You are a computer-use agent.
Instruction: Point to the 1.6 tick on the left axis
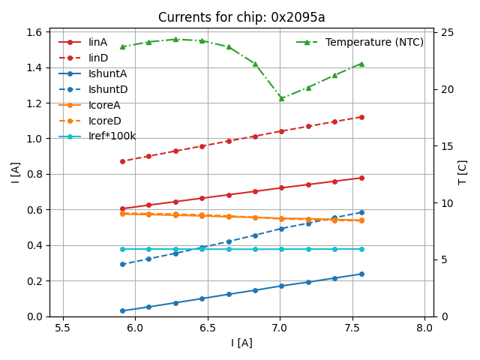click(x=34, y=32)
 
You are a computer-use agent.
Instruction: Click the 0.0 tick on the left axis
click(x=34, y=316)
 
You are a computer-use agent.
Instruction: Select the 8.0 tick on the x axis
click(x=424, y=328)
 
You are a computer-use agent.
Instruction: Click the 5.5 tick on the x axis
click(x=63, y=328)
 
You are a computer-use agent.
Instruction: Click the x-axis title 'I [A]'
click(x=241, y=343)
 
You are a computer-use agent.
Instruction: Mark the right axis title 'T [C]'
click(x=462, y=172)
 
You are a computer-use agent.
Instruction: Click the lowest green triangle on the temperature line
click(x=281, y=98)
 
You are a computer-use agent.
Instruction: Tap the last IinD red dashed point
click(x=361, y=117)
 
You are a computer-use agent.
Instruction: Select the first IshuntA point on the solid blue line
click(x=122, y=310)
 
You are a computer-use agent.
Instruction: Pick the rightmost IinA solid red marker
click(x=361, y=178)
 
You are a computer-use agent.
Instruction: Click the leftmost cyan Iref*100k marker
click(x=122, y=249)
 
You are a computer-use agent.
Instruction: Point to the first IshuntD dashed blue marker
click(x=122, y=264)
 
